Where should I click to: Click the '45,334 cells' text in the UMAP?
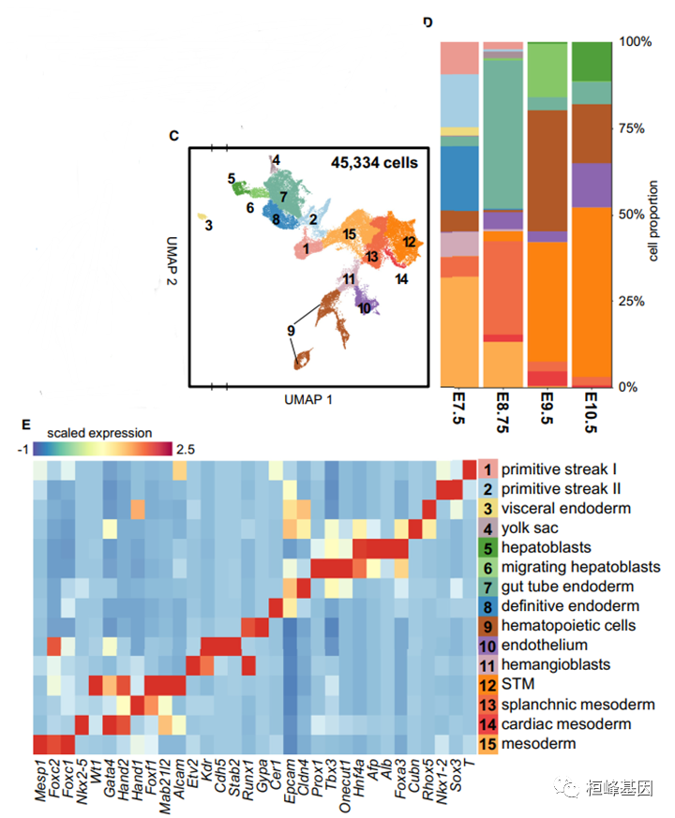pyautogui.click(x=374, y=162)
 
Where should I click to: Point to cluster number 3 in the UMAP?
pyautogui.click(x=209, y=225)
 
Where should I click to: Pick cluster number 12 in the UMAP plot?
pyautogui.click(x=409, y=242)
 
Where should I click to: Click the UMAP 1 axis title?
pyautogui.click(x=308, y=399)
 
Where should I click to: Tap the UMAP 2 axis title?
pyautogui.click(x=175, y=263)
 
